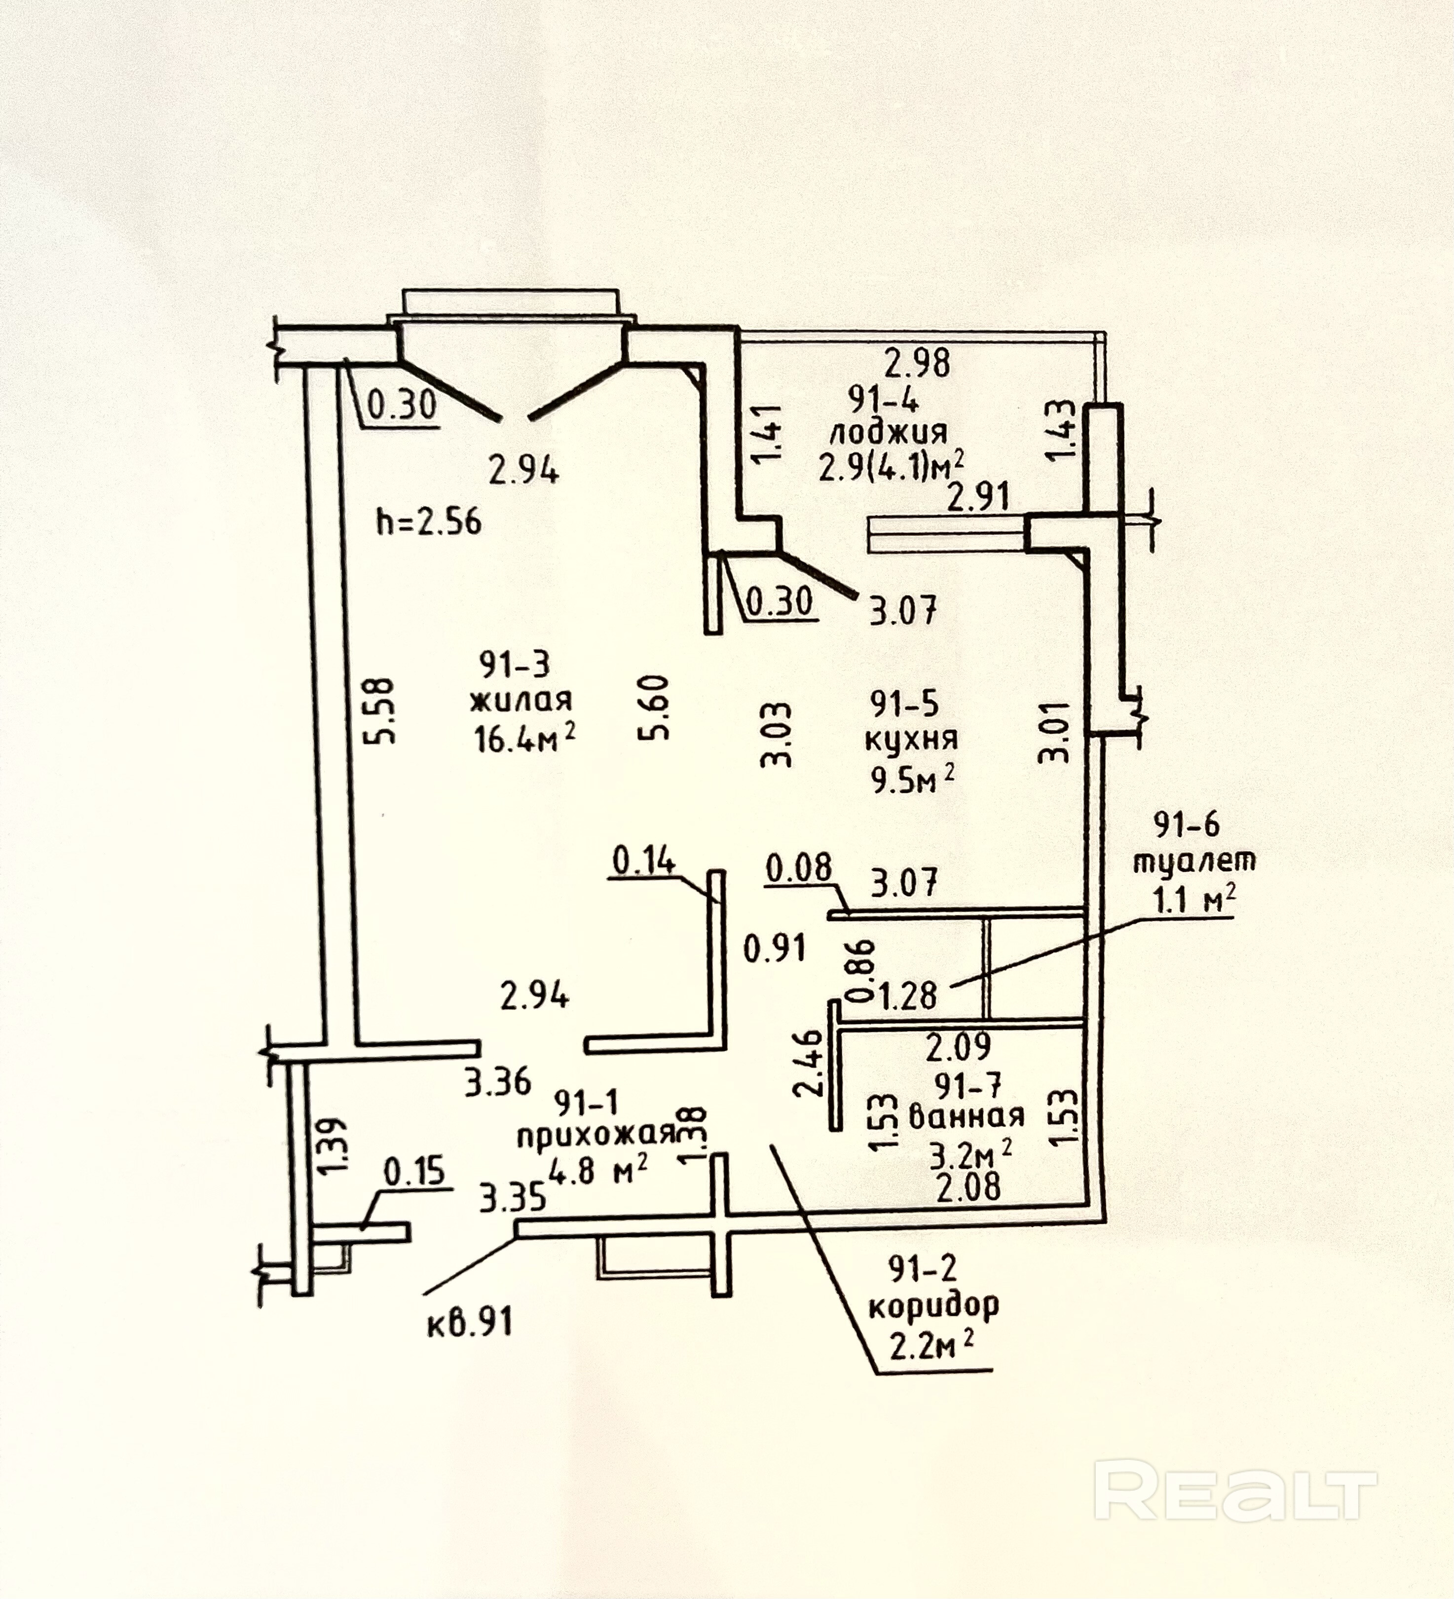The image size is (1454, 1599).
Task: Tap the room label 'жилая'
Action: tap(521, 701)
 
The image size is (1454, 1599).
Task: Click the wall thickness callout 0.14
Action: tap(643, 860)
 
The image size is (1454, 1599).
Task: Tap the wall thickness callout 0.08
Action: tap(799, 868)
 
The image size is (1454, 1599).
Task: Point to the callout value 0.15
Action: tap(414, 1172)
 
